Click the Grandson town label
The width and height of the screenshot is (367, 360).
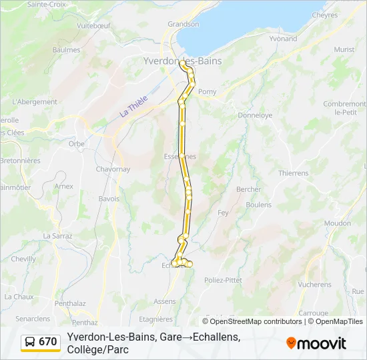point(183,24)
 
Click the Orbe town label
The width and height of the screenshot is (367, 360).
point(76,143)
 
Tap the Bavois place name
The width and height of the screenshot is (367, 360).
point(109,199)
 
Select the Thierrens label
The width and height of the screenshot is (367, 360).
point(294,173)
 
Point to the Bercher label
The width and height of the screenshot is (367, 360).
point(248,189)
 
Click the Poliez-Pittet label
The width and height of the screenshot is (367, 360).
point(223,280)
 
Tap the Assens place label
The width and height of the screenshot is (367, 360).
point(165,301)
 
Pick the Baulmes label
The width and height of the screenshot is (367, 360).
point(66,49)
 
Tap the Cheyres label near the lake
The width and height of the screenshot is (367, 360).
point(324,15)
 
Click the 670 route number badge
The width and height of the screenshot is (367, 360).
point(47,342)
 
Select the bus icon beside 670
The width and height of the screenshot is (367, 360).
point(31,342)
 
